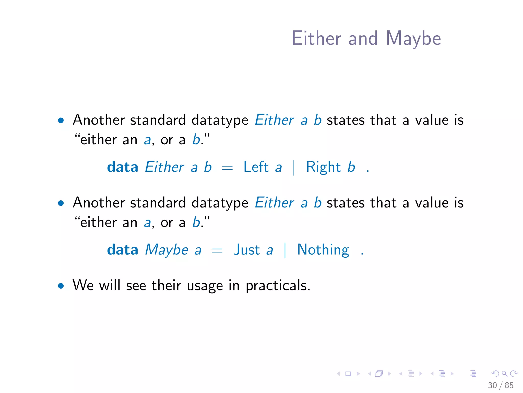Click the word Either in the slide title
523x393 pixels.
316,38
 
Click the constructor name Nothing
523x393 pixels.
323,250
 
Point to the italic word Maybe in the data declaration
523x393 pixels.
167,250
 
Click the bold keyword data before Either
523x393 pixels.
123,167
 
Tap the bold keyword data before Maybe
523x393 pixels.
123,250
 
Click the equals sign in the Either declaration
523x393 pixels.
227,168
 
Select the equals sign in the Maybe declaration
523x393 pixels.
217,251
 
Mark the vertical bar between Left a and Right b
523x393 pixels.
294,168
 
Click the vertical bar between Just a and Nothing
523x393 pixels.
285,250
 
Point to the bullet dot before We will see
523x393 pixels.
61,286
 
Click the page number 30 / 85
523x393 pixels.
501,385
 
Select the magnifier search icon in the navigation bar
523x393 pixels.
504,374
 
